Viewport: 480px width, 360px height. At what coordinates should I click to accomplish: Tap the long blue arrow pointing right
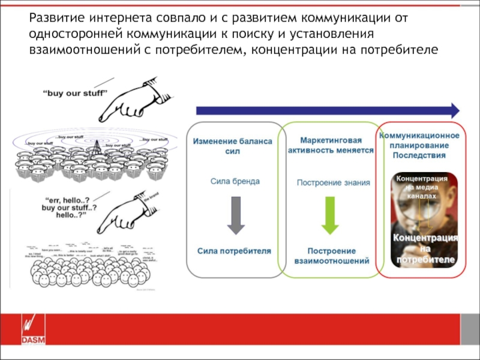tap(328, 110)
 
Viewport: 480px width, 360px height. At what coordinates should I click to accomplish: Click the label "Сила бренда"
tap(235, 180)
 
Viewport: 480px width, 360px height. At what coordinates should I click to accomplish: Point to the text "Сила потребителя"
tap(235, 250)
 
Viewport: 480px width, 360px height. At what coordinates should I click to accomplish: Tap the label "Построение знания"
tap(334, 182)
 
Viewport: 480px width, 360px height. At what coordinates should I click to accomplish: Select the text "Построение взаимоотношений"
tap(331, 256)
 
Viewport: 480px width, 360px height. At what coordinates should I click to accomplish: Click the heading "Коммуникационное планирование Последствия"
tap(419, 146)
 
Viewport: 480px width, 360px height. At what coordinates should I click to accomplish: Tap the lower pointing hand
tap(123, 213)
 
